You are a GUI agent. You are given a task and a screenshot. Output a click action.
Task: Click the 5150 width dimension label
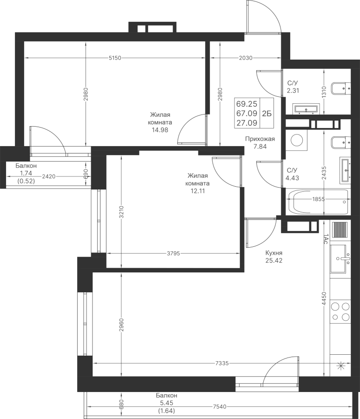114,58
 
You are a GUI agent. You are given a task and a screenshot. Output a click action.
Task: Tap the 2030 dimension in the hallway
245,58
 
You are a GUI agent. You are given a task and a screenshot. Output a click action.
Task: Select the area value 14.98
160,130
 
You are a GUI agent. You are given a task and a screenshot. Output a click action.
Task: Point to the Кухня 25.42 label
274,257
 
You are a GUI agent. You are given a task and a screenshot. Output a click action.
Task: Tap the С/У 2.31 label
293,87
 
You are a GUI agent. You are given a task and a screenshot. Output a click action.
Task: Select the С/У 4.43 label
293,173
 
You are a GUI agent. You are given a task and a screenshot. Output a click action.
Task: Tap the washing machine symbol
296,140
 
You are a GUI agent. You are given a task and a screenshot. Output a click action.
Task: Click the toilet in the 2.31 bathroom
340,87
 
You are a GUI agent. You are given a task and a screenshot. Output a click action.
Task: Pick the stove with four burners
340,311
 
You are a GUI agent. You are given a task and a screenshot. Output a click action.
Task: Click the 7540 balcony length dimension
219,407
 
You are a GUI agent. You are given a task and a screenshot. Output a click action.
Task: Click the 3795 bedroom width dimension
173,254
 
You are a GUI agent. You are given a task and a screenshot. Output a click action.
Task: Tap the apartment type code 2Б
267,113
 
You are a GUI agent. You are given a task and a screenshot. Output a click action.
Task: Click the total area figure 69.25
247,104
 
